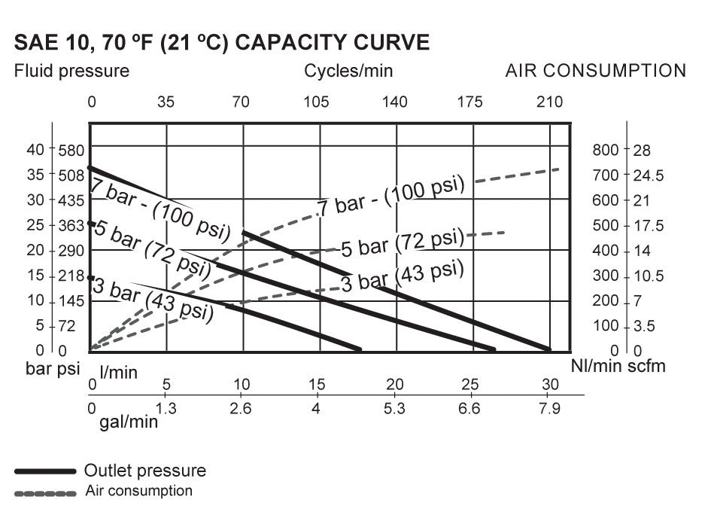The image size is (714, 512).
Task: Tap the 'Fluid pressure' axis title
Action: (71, 72)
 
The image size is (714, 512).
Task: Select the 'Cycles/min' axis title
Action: (348, 72)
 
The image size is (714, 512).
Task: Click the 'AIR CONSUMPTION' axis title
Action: (595, 72)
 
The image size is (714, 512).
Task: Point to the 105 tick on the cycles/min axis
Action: (316, 102)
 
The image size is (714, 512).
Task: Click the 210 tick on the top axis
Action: (550, 102)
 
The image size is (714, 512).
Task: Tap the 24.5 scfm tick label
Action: (649, 176)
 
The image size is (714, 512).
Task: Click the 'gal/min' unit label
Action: (129, 421)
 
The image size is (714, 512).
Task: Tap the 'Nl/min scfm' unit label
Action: (618, 367)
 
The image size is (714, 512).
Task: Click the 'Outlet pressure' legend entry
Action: (145, 471)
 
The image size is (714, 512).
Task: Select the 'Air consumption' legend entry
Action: (138, 492)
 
